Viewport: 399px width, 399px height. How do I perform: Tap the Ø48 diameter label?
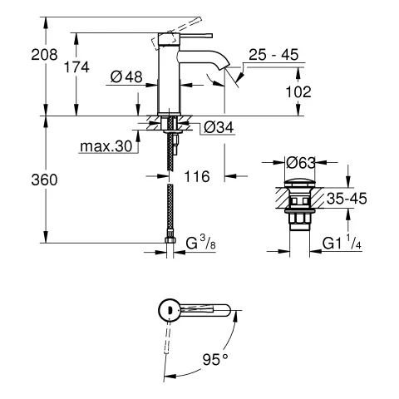tap(127, 76)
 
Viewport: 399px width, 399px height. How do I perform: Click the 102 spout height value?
tap(298, 93)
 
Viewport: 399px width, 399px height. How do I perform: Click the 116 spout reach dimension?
tap(198, 176)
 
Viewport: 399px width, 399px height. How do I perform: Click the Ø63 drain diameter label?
tap(302, 163)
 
